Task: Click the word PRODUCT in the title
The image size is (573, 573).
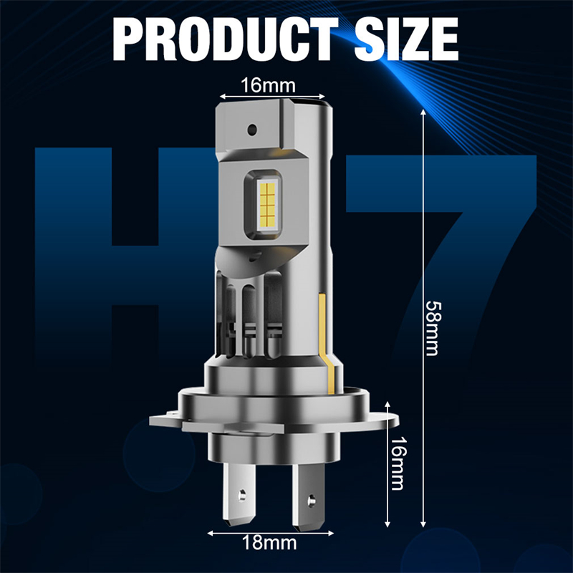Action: (x=226, y=39)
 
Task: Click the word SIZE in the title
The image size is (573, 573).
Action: (x=406, y=39)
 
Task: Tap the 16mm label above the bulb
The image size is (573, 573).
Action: (x=268, y=85)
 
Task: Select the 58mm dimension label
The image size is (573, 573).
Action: (x=434, y=328)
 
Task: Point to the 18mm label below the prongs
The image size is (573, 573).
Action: (x=269, y=542)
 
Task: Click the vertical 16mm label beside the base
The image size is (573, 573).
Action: (x=398, y=463)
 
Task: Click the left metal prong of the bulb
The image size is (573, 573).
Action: (x=239, y=494)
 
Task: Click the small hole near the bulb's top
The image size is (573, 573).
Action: (x=252, y=129)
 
